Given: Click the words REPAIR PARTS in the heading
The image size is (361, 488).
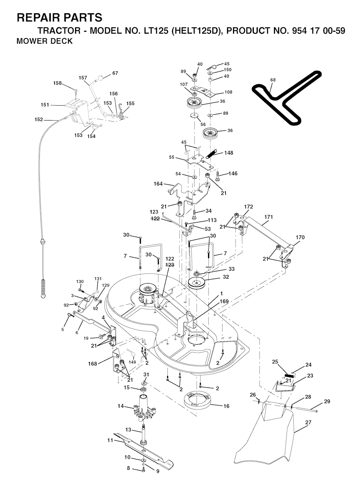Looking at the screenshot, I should tap(60, 17).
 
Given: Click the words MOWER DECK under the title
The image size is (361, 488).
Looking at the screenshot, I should tap(45, 41).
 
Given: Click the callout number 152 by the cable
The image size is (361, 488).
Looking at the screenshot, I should tap(38, 119).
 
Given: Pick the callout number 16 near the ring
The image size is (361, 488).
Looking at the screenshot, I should tap(226, 406).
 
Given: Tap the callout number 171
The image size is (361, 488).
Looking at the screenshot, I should tap(268, 217).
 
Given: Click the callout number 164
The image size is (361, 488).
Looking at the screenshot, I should tap(158, 184).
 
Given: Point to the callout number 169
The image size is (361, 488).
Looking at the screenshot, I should tap(224, 301).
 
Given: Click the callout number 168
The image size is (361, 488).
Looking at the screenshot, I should tap(92, 364).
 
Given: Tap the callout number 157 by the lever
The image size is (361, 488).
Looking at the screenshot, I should tap(83, 78).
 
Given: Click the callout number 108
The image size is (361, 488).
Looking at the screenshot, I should tap(228, 92).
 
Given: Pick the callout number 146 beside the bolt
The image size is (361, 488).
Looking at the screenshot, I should tap(233, 173).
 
